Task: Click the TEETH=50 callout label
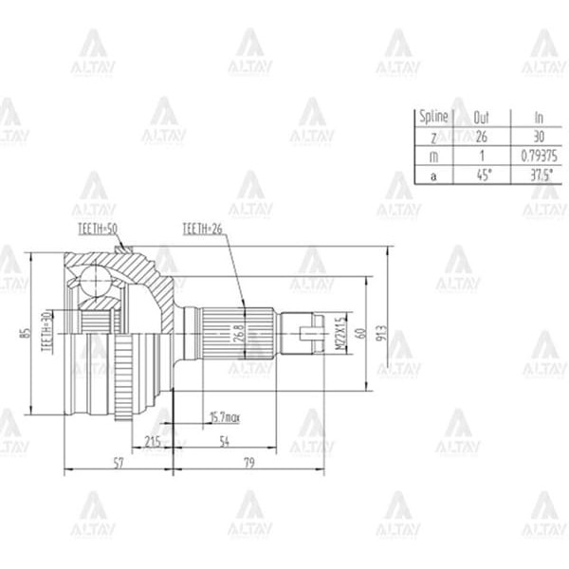pos(99,229)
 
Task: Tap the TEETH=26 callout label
pos(204,229)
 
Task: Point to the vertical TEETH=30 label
pos(45,331)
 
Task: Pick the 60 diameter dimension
pos(359,333)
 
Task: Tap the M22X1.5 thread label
pos(339,333)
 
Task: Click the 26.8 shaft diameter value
pos(239,334)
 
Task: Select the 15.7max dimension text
pos(226,417)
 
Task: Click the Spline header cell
pos(432,117)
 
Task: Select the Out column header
pos(481,117)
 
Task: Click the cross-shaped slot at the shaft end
pos(307,333)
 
